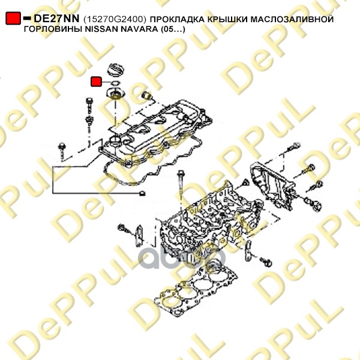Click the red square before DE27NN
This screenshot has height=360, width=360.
coord(13,18)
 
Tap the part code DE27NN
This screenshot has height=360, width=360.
coord(56,19)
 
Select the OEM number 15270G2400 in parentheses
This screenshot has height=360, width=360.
coord(115,19)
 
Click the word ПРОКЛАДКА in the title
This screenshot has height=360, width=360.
coord(178,19)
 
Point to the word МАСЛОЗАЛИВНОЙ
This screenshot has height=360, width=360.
coord(292,19)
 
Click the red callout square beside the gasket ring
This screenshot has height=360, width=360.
coord(96,82)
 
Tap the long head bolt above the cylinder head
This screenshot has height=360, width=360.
coord(180,184)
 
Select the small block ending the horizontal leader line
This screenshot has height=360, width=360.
coord(142,193)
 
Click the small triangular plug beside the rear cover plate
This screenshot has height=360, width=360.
coord(245,182)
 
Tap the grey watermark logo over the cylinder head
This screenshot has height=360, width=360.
coord(181,257)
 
